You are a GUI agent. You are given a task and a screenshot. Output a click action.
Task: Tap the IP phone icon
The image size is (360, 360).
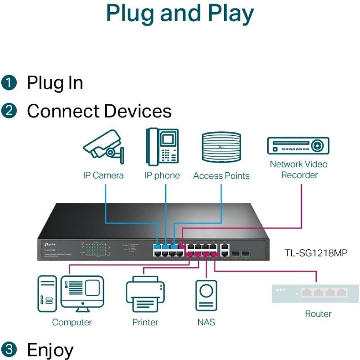[x=162, y=147]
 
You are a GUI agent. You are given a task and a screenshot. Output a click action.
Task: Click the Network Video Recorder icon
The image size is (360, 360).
[x=298, y=146]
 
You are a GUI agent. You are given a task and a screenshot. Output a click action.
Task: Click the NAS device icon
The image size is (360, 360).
[x=206, y=295]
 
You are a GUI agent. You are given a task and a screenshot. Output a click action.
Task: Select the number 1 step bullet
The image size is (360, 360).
[x=9, y=83]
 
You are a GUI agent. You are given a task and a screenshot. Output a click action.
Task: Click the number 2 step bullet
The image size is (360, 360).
[x=9, y=111]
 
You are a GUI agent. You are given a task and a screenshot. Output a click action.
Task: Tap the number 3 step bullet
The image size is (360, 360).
[x=9, y=349]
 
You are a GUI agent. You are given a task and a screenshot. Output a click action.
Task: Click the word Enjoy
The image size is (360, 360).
[x=50, y=350]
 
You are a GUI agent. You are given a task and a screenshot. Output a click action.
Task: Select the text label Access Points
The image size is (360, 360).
[x=221, y=176]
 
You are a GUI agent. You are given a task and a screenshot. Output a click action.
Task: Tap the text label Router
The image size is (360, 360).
[x=318, y=314]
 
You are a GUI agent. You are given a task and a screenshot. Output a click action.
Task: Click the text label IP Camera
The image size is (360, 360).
[x=103, y=175]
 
